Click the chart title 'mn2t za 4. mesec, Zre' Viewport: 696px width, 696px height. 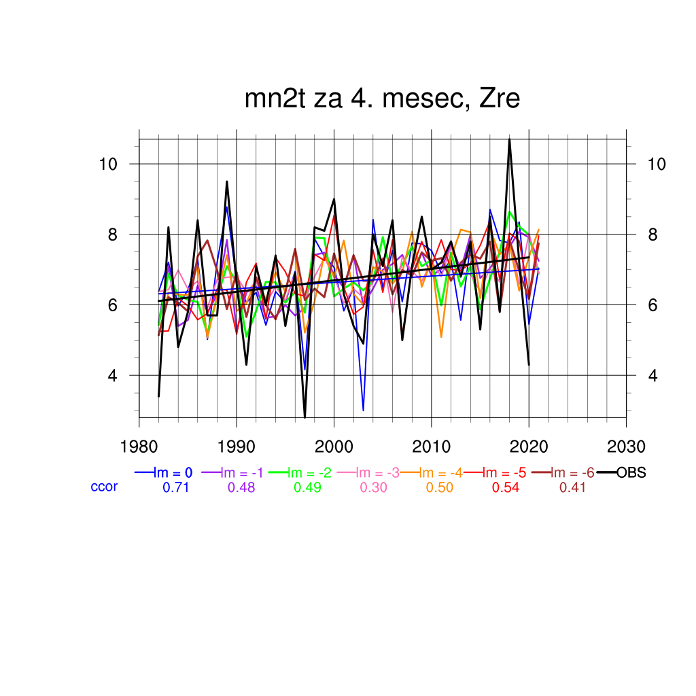382,99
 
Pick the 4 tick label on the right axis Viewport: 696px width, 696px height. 652,375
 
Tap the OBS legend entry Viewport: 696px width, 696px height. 631,472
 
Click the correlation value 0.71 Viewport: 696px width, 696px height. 175,487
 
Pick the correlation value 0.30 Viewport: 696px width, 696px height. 374,487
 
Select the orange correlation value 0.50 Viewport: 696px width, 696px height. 440,487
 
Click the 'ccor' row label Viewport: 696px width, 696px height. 104,487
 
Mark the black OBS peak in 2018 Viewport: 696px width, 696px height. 509,139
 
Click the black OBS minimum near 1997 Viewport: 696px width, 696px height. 304,417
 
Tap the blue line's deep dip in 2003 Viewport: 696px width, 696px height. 364,411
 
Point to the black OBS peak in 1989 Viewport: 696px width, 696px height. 227,181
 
